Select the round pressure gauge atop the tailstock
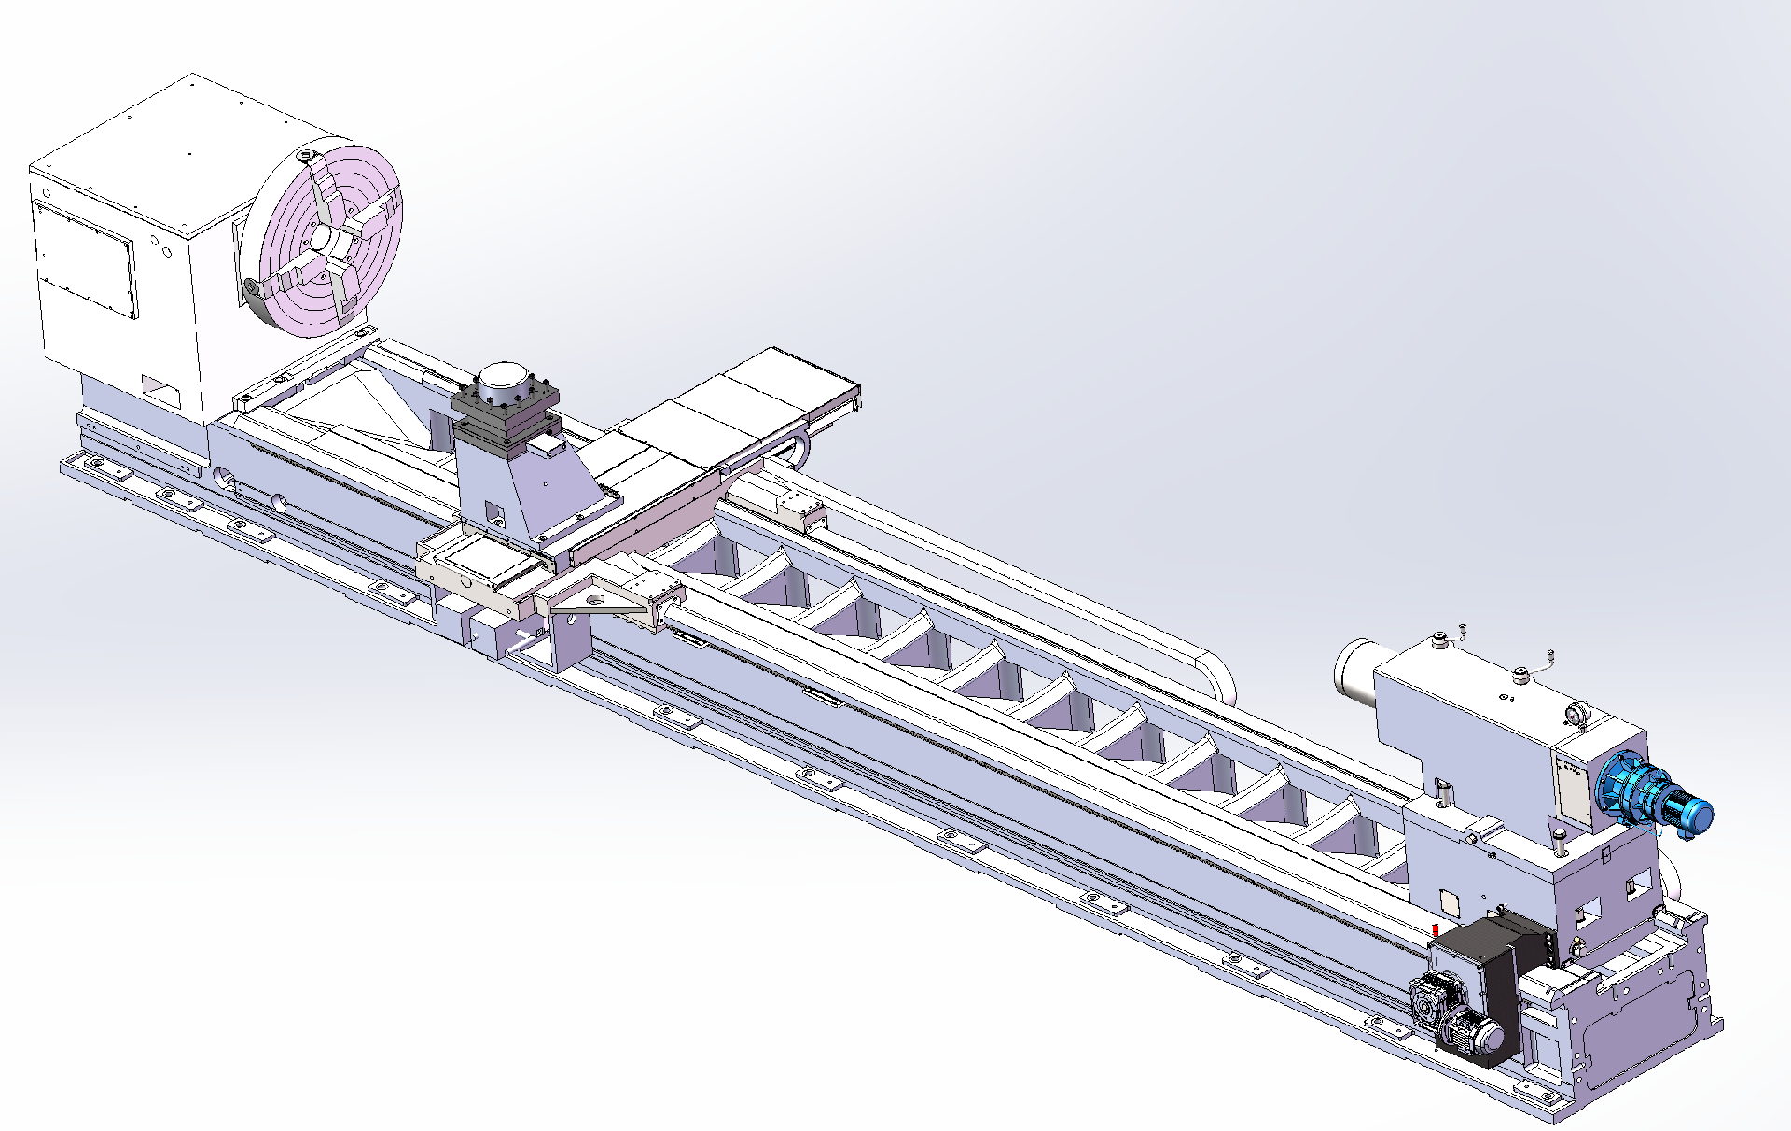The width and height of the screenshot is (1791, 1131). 1576,715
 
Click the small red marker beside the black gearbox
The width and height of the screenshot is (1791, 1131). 1436,929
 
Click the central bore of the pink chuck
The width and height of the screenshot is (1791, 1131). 322,239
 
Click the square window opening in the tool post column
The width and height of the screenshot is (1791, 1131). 494,512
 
